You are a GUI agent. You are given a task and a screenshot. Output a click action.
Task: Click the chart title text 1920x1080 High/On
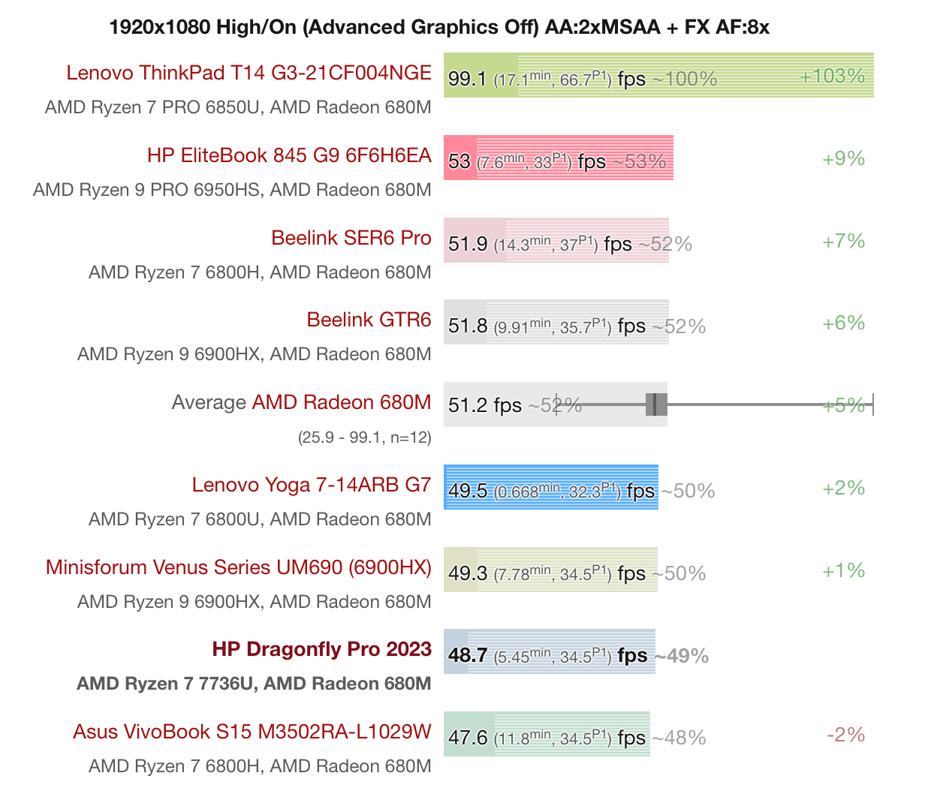click(439, 28)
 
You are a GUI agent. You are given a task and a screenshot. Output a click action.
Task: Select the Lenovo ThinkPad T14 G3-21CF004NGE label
click(249, 73)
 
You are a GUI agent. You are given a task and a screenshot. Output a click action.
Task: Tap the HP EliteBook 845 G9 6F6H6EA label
click(289, 155)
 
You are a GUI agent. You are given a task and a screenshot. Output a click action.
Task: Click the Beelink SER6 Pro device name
click(351, 238)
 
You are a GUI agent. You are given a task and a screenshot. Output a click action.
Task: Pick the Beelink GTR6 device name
click(369, 320)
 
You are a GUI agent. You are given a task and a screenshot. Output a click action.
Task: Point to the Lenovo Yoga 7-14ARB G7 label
click(311, 485)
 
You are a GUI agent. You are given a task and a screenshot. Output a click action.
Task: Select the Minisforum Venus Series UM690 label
click(238, 567)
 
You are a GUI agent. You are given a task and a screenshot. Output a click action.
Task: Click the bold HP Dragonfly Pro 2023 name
click(321, 649)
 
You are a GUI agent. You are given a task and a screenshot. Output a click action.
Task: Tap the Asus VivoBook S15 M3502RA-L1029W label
click(252, 732)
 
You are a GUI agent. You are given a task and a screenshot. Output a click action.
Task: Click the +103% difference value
click(832, 76)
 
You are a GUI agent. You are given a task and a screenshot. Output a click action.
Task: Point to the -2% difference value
click(845, 735)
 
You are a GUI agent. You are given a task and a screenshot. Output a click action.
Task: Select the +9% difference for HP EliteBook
click(843, 158)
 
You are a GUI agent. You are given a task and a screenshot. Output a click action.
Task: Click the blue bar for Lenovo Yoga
click(550, 488)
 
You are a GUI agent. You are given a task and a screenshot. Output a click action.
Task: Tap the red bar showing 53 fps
click(558, 158)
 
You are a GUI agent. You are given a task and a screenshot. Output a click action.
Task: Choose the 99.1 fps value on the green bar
click(467, 79)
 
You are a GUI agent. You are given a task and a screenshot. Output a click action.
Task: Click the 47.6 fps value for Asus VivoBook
click(467, 738)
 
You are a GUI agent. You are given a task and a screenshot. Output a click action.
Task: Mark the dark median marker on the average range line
click(655, 405)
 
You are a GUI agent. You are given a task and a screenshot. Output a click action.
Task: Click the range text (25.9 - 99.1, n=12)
click(364, 437)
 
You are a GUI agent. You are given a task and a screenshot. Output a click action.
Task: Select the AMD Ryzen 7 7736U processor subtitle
click(254, 684)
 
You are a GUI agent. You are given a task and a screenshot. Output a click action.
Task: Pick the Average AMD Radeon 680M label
click(301, 402)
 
